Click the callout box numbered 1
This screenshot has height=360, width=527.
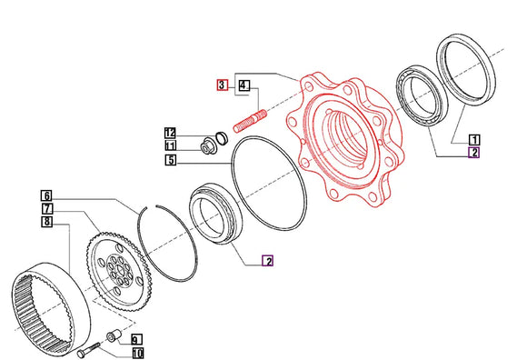point(474,139)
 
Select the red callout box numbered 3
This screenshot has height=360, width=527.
point(222,85)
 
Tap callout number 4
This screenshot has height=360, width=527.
point(244,85)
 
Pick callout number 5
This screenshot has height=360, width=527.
point(171,160)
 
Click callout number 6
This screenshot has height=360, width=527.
point(46,195)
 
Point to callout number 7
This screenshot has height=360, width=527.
point(47,208)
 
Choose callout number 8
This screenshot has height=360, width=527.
point(47,222)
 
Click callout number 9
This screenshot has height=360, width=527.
point(136,340)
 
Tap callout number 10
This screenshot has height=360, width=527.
point(137,354)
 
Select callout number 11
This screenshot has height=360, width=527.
point(171,145)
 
